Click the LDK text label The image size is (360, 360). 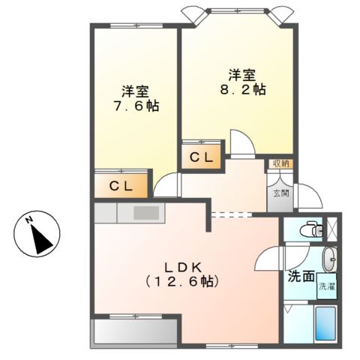pyautogui.click(x=184, y=266)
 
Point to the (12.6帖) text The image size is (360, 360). pyautogui.click(x=185, y=283)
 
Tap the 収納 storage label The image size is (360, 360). pyautogui.click(x=281, y=163)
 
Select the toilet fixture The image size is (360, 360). pyautogui.click(x=306, y=229)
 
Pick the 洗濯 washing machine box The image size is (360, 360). pyautogui.click(x=326, y=286)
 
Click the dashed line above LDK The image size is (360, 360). pyautogui.click(x=232, y=214)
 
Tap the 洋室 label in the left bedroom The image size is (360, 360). pyautogui.click(x=136, y=92)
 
